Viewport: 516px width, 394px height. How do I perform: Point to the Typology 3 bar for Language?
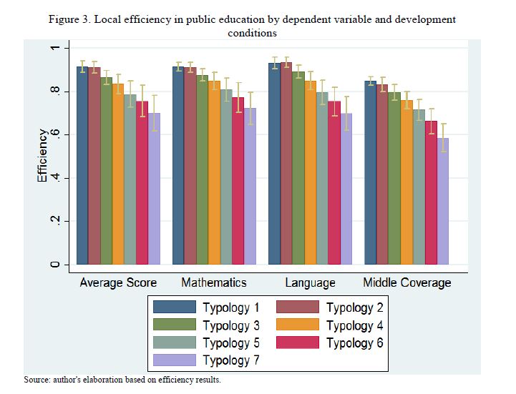(298, 168)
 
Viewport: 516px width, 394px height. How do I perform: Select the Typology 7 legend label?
(230, 360)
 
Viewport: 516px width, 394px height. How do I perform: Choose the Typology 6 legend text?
(354, 343)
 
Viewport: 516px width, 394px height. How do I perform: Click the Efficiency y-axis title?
(43, 156)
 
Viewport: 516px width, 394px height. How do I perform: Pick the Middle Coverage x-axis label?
(407, 282)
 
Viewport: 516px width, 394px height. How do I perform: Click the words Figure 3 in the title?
(69, 19)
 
